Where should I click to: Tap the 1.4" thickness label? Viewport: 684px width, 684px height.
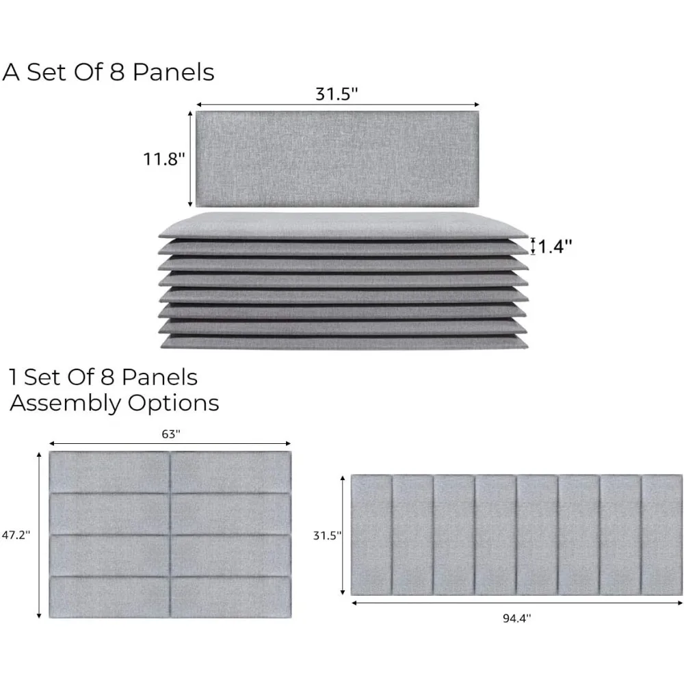click(555, 246)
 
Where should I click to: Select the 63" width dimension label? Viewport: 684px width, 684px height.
click(170, 433)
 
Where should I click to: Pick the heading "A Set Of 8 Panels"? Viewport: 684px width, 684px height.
click(109, 73)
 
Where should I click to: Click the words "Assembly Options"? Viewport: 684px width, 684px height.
click(114, 403)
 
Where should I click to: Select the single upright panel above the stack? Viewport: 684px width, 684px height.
click(337, 159)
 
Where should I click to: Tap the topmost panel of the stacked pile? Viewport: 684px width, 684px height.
click(342, 226)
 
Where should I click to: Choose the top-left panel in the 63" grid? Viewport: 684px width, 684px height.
click(109, 472)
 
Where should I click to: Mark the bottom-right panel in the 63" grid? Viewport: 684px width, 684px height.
click(231, 597)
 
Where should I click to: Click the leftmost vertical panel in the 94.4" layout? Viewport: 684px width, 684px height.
click(371, 535)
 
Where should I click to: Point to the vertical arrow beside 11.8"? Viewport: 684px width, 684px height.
click(190, 159)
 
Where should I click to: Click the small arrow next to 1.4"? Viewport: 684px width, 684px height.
click(534, 246)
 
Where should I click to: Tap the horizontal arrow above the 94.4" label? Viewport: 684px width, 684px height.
click(516, 603)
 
